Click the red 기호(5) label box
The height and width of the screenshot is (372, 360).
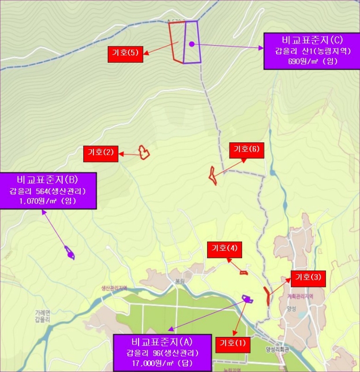pyautogui.click(x=125, y=52)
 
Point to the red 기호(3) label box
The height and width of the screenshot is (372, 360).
pyautogui.click(x=308, y=277)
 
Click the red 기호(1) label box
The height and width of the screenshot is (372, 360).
pyautogui.click(x=233, y=343)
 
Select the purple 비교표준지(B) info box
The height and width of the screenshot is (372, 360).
pyautogui.click(x=48, y=190)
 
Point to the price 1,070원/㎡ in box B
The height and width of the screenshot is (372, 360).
pyautogui.click(x=48, y=201)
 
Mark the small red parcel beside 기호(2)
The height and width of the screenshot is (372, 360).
pyautogui.click(x=143, y=153)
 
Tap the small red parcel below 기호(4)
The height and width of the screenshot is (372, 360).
pyautogui.click(x=244, y=272)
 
